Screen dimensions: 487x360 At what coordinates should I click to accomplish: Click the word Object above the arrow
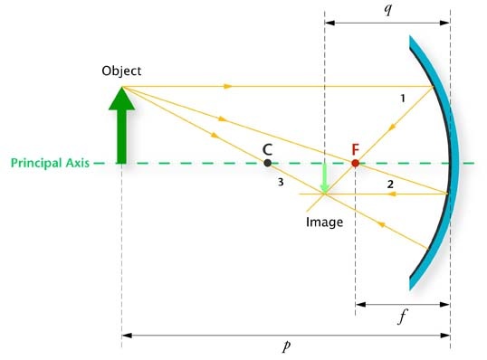(x=121, y=71)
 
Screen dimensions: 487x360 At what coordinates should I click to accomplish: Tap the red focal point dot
(x=356, y=163)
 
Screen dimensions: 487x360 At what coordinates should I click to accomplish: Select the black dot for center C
(x=267, y=163)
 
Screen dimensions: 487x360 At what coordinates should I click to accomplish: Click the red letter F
(x=356, y=149)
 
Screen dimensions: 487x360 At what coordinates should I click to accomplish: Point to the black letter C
(x=267, y=149)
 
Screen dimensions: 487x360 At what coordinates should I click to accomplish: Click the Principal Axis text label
(x=50, y=163)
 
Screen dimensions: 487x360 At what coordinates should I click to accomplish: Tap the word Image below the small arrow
(x=325, y=223)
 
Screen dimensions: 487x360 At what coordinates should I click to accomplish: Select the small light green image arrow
(x=325, y=178)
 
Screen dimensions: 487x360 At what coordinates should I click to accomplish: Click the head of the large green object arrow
(x=121, y=99)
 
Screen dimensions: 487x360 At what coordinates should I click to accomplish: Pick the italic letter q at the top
(x=388, y=10)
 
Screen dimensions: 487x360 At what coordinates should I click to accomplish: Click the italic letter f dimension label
(x=402, y=317)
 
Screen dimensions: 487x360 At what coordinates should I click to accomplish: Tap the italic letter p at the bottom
(x=287, y=346)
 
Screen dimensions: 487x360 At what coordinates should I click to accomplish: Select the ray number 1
(x=403, y=99)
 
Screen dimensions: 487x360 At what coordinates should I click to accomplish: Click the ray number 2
(x=390, y=185)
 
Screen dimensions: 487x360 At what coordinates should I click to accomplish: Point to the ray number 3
(x=281, y=182)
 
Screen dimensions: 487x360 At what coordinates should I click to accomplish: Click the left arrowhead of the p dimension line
(x=127, y=336)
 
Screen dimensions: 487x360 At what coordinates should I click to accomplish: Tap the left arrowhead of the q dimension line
(x=329, y=23)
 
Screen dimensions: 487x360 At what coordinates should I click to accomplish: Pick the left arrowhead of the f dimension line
(x=360, y=305)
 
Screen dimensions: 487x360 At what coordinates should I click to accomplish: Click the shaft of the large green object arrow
(x=121, y=137)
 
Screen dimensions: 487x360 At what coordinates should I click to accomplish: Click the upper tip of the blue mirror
(x=410, y=36)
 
